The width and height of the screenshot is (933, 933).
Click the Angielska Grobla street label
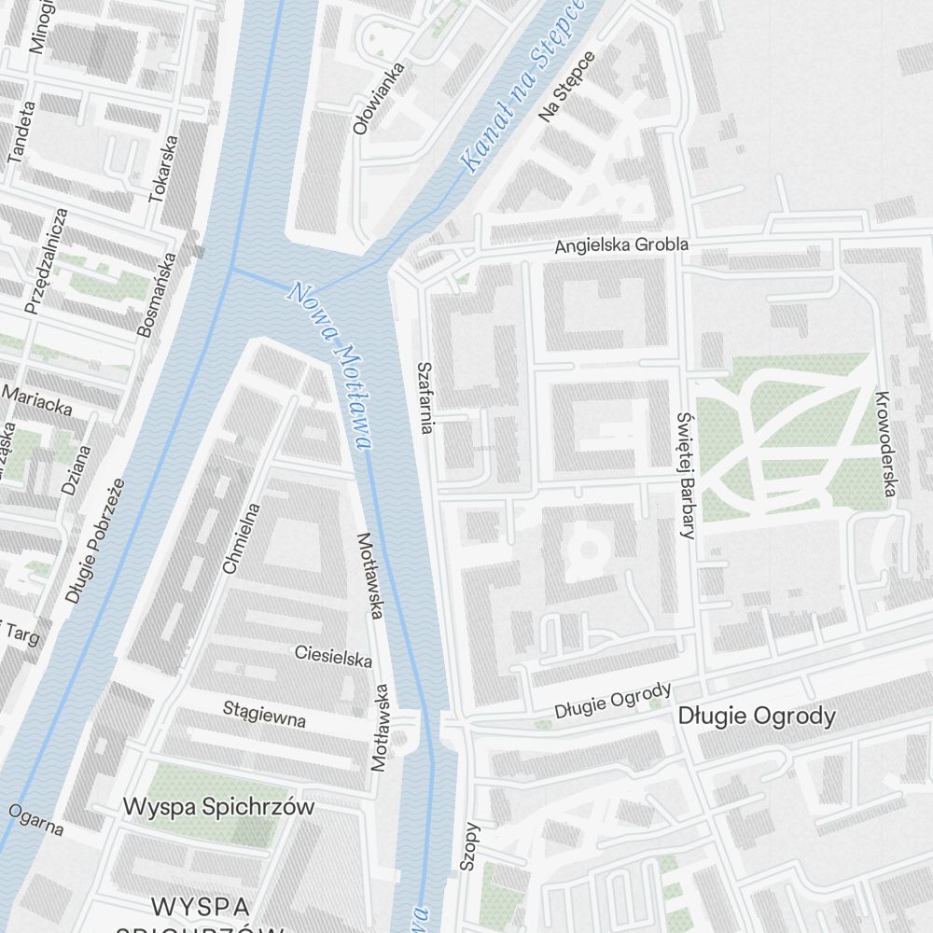(x=620, y=245)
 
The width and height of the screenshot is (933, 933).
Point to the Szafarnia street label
(x=425, y=397)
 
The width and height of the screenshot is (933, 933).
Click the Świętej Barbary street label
(x=687, y=476)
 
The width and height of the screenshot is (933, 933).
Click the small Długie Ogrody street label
(x=612, y=701)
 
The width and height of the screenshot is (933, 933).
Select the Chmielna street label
(x=242, y=537)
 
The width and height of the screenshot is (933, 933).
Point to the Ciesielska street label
(x=333, y=656)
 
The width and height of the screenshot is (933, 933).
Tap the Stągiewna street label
(x=264, y=715)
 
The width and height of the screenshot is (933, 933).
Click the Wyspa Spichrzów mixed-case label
(x=219, y=806)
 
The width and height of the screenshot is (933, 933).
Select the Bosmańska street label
(x=156, y=294)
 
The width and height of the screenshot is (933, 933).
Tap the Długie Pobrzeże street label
(x=95, y=541)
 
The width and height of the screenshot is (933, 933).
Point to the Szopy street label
(x=469, y=847)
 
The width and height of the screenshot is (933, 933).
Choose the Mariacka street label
(x=37, y=400)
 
